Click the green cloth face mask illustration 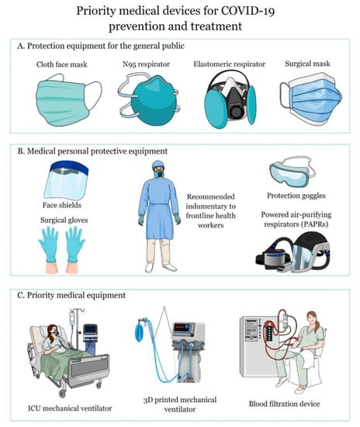pos(67,100)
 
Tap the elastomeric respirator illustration pos(230,99)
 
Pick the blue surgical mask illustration pos(311,99)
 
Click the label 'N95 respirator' pos(146,64)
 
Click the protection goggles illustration pos(292,172)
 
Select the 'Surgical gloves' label pos(64,220)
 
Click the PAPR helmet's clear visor pos(302,256)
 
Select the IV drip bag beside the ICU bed pos(72,318)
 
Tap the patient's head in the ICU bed pos(53,331)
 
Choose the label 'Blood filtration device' pos(284,404)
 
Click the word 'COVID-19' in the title pos(247,12)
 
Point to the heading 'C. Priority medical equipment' pos(71,295)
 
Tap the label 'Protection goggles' pos(296,196)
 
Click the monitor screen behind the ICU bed pos(90,330)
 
